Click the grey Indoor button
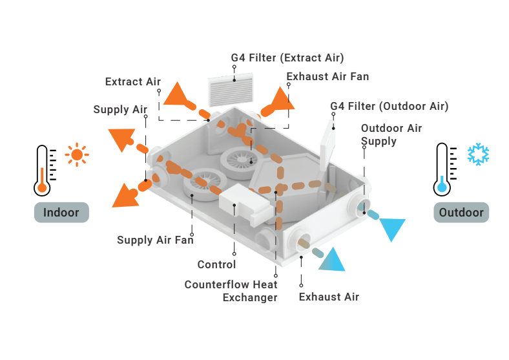point(61,213)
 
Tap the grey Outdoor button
point(461,213)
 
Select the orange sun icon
point(78,154)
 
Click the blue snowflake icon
point(478,154)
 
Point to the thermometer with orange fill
point(43,171)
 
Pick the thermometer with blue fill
point(442,170)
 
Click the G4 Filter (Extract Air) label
point(287,58)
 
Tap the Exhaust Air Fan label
point(327,77)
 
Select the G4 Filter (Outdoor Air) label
point(389,106)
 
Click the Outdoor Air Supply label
point(391,134)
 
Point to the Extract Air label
point(133,81)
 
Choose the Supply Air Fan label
point(155,240)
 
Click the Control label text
point(216,264)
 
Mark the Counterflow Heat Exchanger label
point(231,291)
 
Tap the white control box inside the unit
point(242,200)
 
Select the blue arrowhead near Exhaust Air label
point(333,260)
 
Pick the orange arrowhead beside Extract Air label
point(176,95)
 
